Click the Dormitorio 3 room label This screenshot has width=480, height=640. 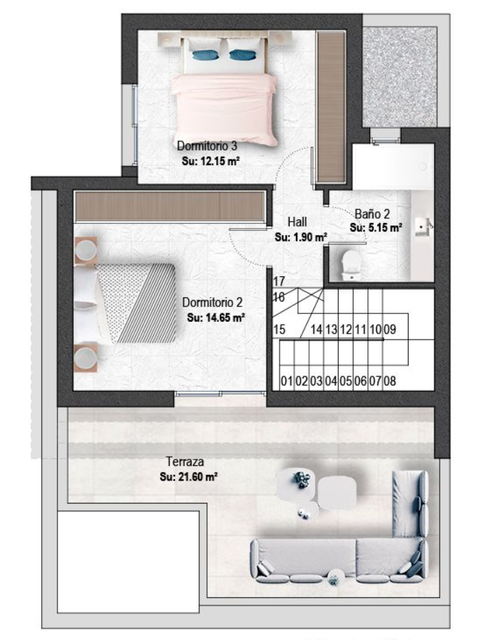[x=207, y=145]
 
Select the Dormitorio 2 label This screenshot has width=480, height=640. [x=212, y=302]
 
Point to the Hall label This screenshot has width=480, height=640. [x=297, y=222]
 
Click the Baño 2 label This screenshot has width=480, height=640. [x=372, y=213]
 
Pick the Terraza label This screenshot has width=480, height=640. [x=185, y=462]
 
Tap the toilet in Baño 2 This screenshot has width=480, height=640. [x=351, y=263]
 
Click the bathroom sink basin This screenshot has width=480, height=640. [x=421, y=227]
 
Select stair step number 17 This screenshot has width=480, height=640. [x=278, y=281]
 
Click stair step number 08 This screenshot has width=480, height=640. [x=390, y=381]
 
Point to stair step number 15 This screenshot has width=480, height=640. [x=279, y=329]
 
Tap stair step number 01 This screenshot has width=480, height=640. [x=287, y=381]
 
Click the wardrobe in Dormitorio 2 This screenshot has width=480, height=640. [x=169, y=206]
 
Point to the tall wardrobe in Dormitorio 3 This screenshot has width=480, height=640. [x=331, y=107]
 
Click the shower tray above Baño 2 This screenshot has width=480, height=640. [x=393, y=166]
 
